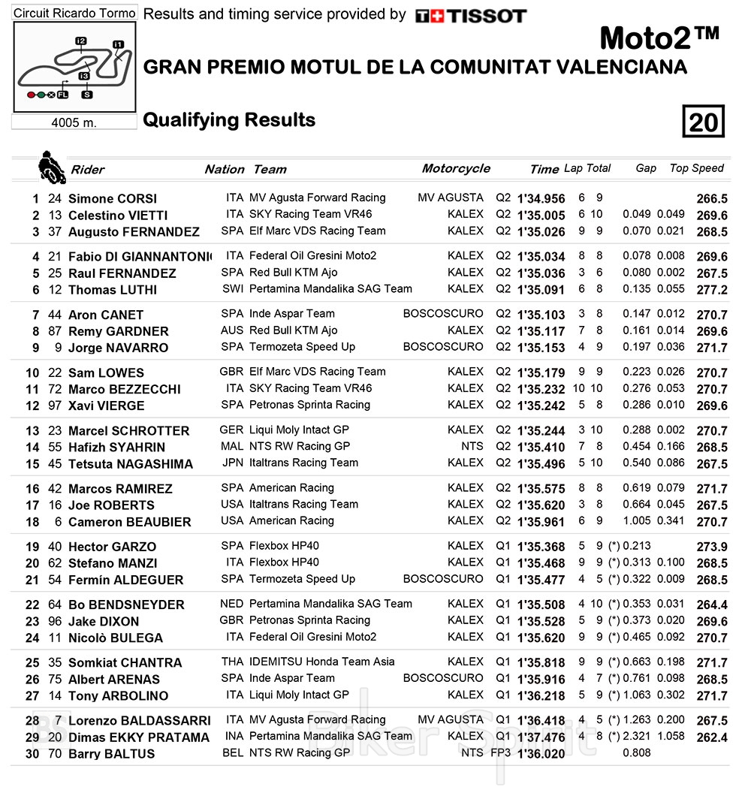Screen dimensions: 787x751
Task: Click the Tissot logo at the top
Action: pyautogui.click(x=471, y=16)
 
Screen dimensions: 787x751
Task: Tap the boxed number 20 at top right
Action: pyautogui.click(x=704, y=122)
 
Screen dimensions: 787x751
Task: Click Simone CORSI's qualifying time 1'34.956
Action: pyautogui.click(x=541, y=199)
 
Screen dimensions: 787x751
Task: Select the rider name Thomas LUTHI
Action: pyautogui.click(x=113, y=290)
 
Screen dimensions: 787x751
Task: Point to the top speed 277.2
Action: pyautogui.click(x=712, y=290)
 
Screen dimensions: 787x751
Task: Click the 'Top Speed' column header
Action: pyautogui.click(x=696, y=168)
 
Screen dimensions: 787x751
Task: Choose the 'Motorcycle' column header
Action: pyautogui.click(x=456, y=168)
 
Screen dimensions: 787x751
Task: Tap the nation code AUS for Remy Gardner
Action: pyautogui.click(x=233, y=330)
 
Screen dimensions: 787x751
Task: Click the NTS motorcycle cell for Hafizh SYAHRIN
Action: pyautogui.click(x=472, y=446)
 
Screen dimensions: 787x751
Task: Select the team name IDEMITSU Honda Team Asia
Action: pyautogui.click(x=322, y=662)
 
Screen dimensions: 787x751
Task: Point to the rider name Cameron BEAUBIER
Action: pyautogui.click(x=129, y=522)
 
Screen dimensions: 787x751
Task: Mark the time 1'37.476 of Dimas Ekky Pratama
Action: pyautogui.click(x=541, y=737)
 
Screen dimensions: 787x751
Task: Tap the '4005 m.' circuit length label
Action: pyautogui.click(x=74, y=122)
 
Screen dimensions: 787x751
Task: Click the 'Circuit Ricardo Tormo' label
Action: pyautogui.click(x=75, y=14)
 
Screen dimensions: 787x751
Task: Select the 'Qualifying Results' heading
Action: pyautogui.click(x=229, y=120)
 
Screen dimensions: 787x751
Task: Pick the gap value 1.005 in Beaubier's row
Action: pyautogui.click(x=637, y=521)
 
